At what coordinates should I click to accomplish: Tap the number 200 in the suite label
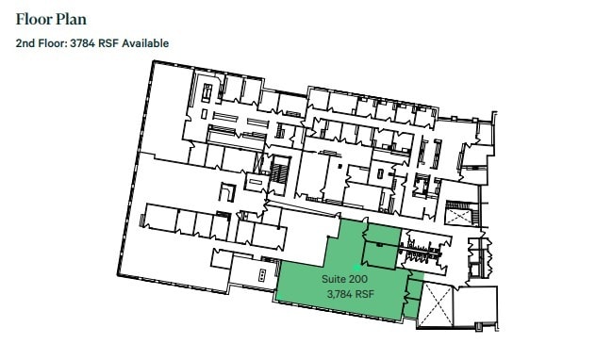[358, 280]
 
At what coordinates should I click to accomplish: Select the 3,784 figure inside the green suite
[339, 295]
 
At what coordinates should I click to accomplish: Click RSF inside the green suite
[365, 295]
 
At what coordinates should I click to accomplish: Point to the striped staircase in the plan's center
[279, 173]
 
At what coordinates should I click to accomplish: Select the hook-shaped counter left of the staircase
[226, 191]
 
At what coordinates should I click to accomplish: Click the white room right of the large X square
[475, 307]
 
